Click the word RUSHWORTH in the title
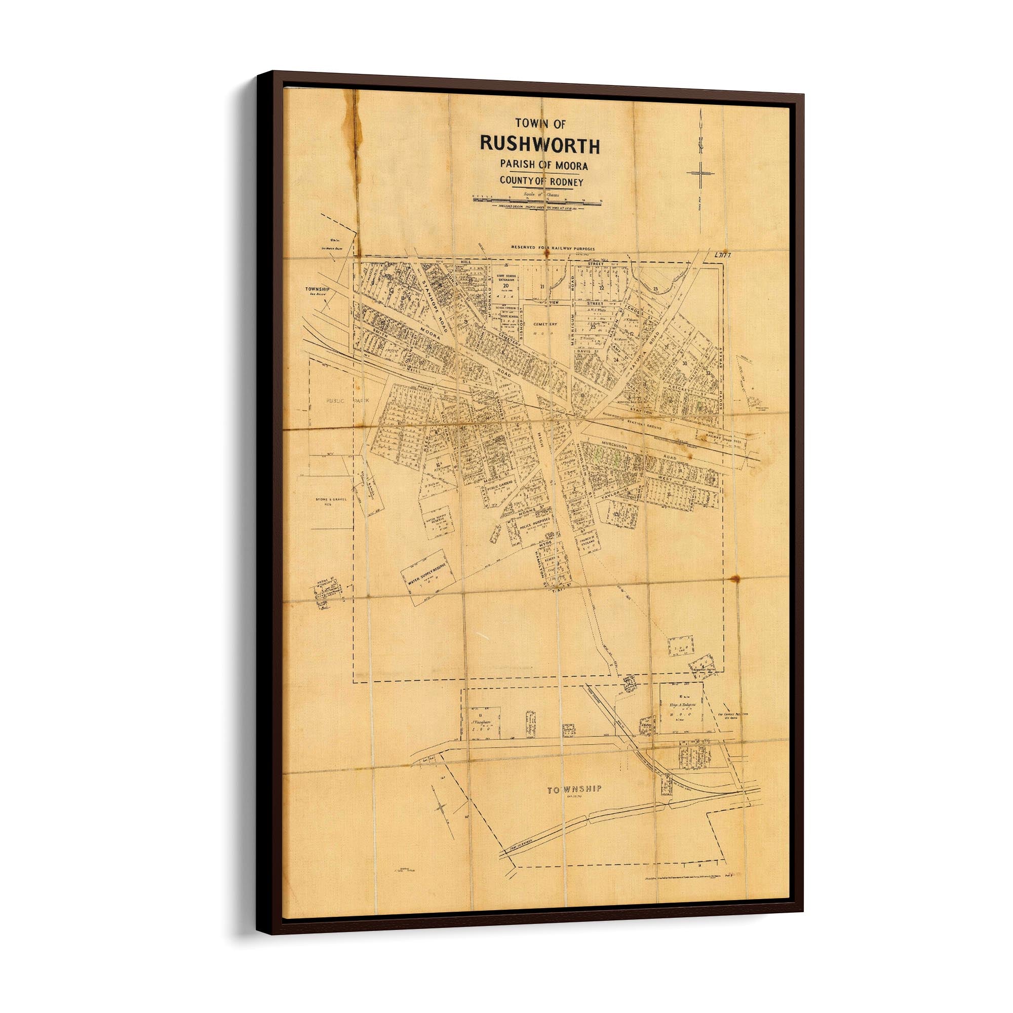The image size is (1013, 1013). coord(539,145)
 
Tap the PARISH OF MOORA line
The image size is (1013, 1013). coord(543,165)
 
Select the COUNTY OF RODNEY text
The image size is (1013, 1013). coord(541,181)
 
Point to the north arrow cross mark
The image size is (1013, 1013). coord(700,173)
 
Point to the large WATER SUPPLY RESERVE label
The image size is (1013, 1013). coord(426,576)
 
